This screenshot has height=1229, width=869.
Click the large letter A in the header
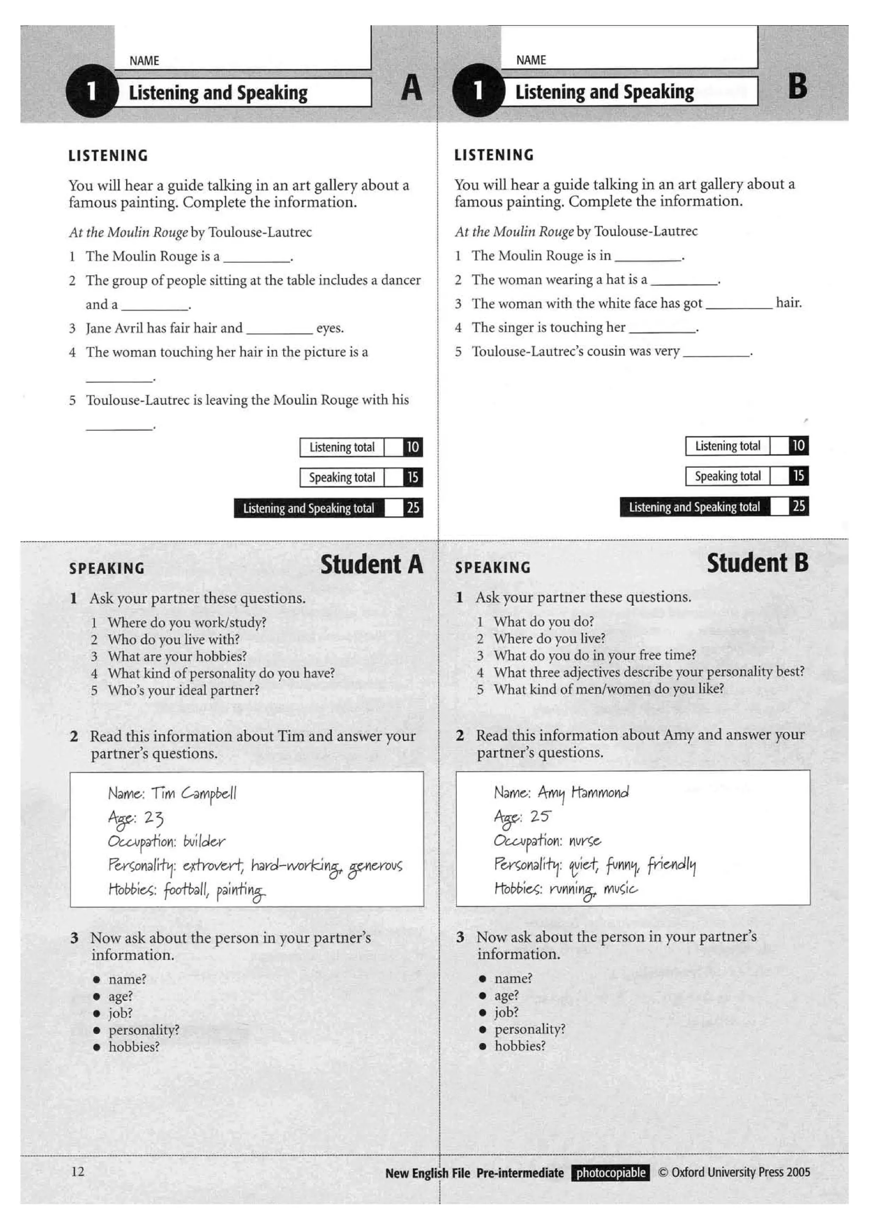(411, 88)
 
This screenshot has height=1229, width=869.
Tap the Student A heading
(372, 565)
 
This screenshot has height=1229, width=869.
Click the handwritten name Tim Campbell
(193, 793)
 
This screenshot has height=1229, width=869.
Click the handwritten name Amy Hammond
(583, 792)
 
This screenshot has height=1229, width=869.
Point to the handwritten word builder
(204, 841)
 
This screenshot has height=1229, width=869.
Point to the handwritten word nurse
(585, 841)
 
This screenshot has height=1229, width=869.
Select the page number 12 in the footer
(78, 1172)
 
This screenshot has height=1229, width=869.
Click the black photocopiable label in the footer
(611, 1173)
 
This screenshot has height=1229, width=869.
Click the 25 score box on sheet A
(412, 508)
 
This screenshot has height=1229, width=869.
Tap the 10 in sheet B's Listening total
(798, 445)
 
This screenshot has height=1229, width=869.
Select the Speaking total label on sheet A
(342, 478)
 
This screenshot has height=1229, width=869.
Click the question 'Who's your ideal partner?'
(183, 690)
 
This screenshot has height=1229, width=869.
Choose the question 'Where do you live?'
(549, 639)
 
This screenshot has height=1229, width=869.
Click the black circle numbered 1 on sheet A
(92, 91)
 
